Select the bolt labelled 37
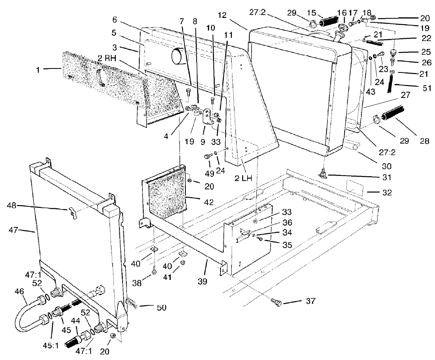(275, 302)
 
